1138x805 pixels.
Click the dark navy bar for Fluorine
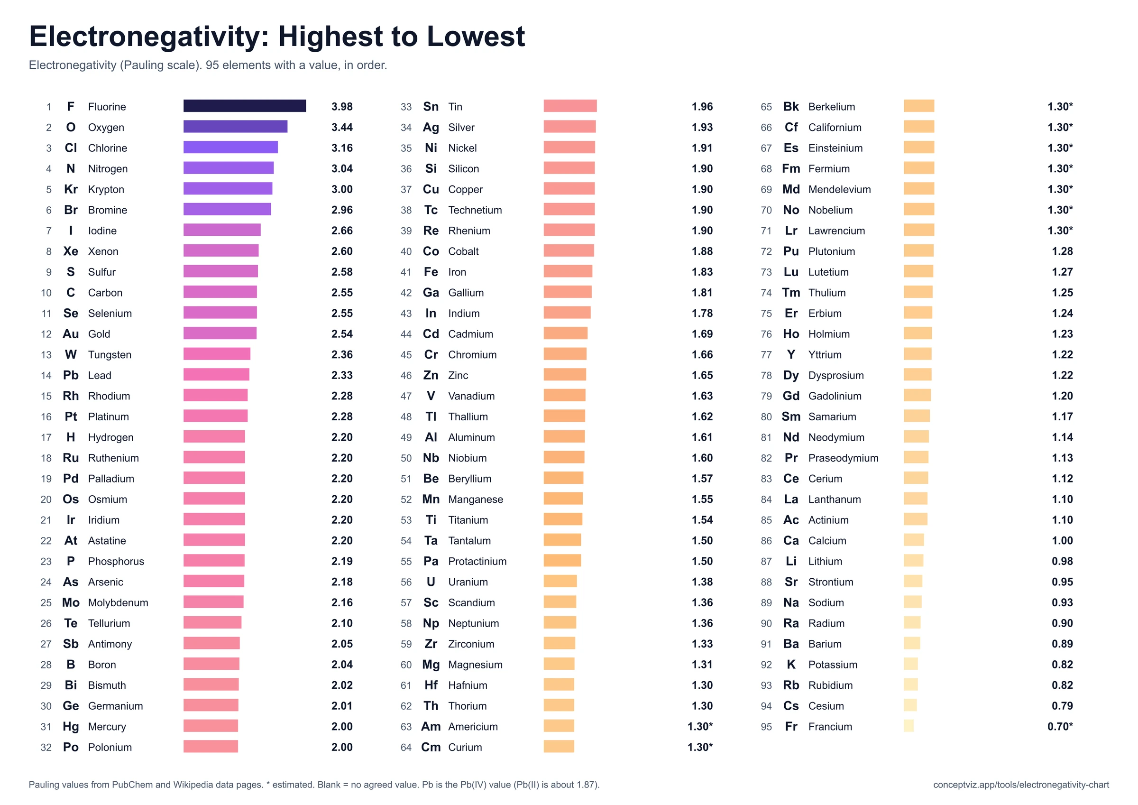tap(244, 106)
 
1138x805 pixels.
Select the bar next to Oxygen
tap(236, 127)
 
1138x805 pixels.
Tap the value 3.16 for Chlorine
tap(342, 148)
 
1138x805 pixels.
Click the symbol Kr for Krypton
tap(71, 189)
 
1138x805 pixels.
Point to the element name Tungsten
tap(110, 355)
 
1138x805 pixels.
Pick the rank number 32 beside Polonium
tap(46, 747)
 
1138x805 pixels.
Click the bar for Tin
tap(570, 106)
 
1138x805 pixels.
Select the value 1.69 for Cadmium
tap(702, 334)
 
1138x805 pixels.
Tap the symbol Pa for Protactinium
tap(431, 561)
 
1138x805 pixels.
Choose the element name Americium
tap(473, 727)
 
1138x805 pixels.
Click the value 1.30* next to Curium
tap(700, 747)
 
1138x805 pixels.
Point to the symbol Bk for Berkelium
tap(791, 107)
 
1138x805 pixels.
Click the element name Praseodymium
tap(843, 458)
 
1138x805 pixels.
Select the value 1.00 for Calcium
tap(1062, 541)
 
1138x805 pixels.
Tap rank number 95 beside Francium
tap(766, 727)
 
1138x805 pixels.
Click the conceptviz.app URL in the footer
tap(1021, 785)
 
